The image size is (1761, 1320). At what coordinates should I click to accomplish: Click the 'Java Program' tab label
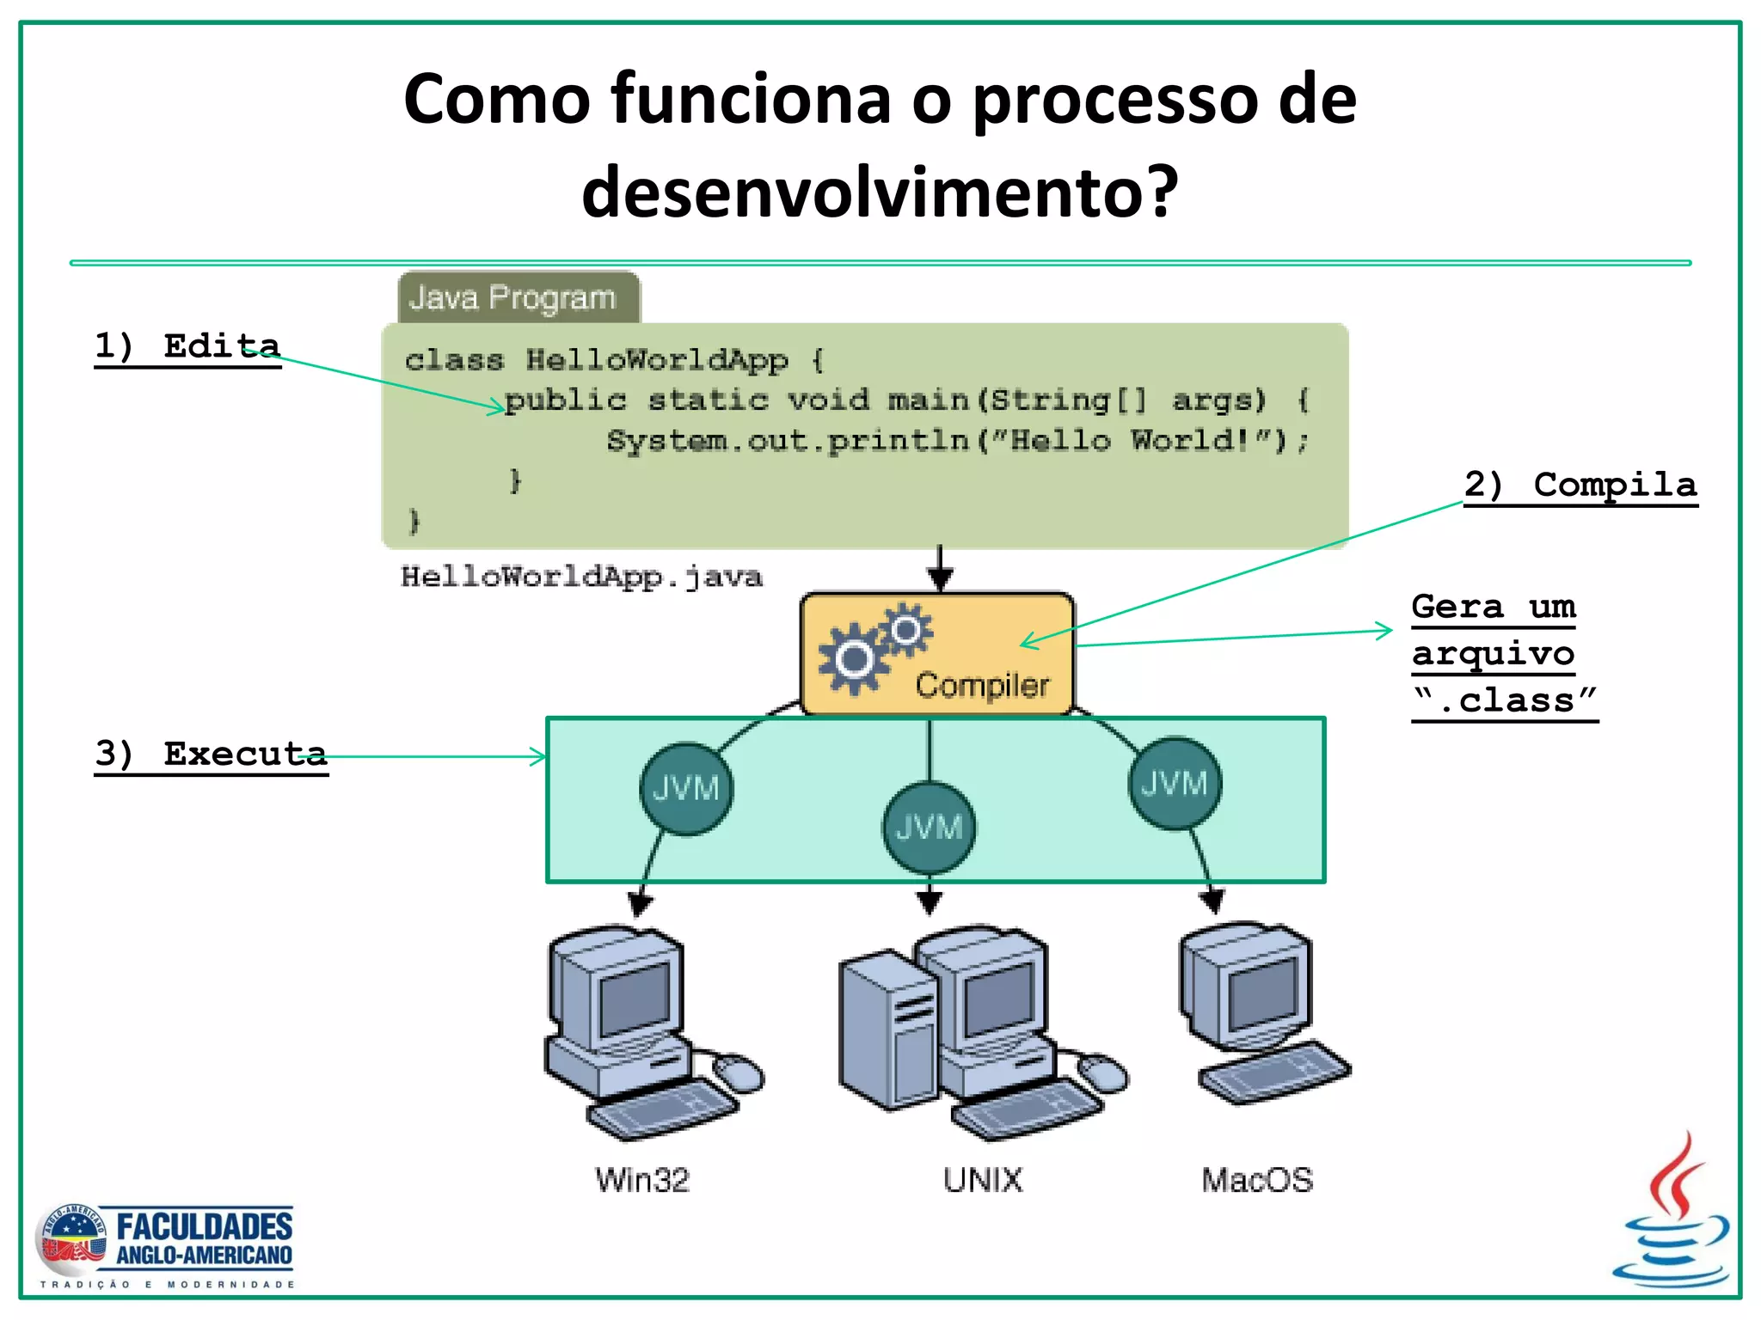(x=512, y=298)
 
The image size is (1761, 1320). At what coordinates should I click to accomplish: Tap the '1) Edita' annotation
(x=187, y=346)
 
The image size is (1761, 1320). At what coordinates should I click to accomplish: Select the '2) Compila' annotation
(x=1580, y=485)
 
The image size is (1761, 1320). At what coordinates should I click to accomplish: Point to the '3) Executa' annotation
(x=211, y=754)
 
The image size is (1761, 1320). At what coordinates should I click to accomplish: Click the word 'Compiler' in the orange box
(x=982, y=686)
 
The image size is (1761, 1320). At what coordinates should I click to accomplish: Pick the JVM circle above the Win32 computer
(x=685, y=788)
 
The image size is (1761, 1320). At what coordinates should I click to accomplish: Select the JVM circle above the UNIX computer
(x=929, y=827)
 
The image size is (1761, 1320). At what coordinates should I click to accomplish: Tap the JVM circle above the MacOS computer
(x=1174, y=783)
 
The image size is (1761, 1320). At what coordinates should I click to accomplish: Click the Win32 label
(x=642, y=1180)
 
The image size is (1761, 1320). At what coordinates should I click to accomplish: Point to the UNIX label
(x=983, y=1180)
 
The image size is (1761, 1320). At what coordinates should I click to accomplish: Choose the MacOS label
(x=1257, y=1180)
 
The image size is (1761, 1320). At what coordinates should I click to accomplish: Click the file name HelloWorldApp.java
(x=581, y=577)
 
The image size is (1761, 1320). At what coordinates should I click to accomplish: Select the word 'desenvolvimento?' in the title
(x=879, y=191)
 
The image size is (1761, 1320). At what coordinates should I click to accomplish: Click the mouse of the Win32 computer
(x=739, y=1072)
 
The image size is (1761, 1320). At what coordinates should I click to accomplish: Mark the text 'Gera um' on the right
(x=1494, y=607)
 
